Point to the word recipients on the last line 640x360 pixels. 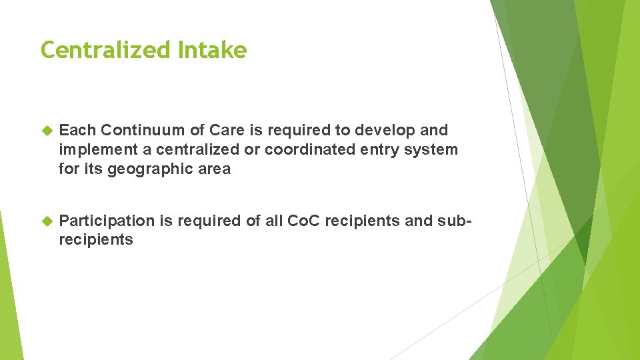point(96,240)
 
